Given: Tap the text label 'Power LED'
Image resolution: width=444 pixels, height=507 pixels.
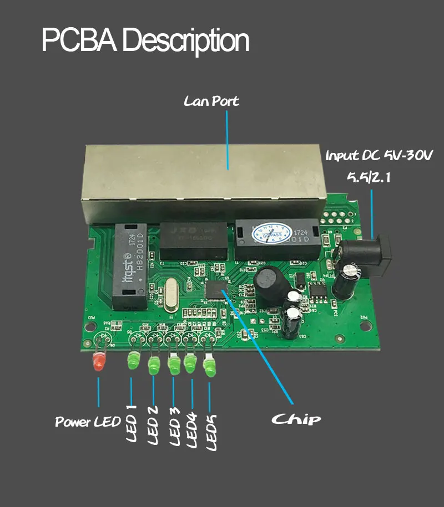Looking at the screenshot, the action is (88, 422).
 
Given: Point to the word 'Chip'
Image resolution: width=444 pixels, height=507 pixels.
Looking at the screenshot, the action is (296, 418).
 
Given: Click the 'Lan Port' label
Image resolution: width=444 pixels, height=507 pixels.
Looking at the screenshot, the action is (211, 101).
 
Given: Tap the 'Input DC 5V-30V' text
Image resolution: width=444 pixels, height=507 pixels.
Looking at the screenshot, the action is (379, 155).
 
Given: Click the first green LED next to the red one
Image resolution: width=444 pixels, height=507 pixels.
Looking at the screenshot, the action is (133, 361).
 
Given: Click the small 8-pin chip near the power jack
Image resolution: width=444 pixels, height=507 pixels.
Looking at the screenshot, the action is (319, 290).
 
